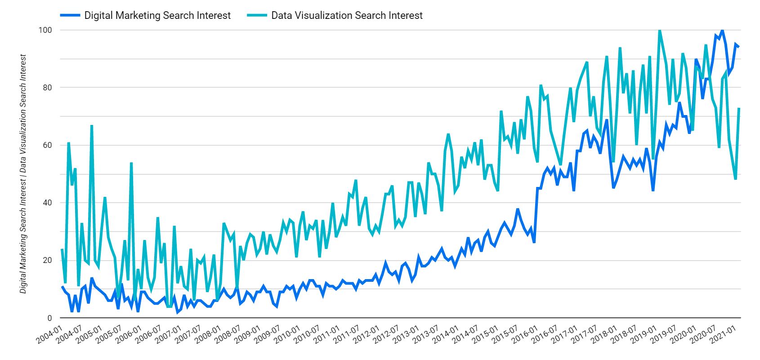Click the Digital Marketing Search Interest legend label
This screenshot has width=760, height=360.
coord(157,15)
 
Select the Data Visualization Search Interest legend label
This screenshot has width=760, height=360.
coord(347,15)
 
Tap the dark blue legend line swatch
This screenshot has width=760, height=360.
coord(70,15)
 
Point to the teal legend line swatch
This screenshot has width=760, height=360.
coord(256,15)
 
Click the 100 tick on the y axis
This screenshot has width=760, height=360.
coord(47,30)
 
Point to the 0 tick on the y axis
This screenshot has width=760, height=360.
coord(50,318)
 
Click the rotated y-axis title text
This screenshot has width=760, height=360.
coord(23,174)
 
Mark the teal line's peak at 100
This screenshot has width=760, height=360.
coord(660,31)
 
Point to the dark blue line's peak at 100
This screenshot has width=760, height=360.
coord(722,31)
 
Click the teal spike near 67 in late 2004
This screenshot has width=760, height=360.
coord(91,126)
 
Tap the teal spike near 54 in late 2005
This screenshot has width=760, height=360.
coord(131,163)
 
